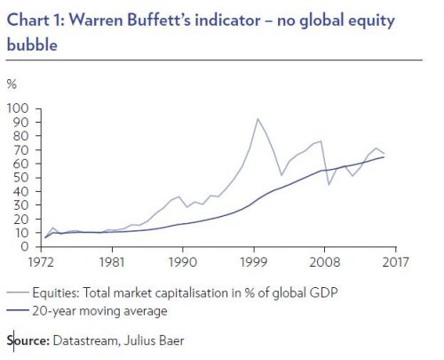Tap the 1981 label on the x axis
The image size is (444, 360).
[108, 263]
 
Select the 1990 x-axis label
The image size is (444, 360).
[182, 263]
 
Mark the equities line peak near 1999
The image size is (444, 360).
[258, 118]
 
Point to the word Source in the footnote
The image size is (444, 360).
[28, 340]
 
